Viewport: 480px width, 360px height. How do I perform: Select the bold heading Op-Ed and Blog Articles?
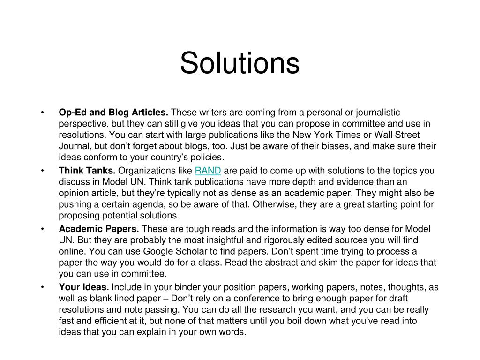pyautogui.click(x=113, y=112)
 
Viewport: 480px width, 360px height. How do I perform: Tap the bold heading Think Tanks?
pyautogui.click(x=87, y=171)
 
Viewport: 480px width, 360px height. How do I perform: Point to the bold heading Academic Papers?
pyautogui.click(x=99, y=229)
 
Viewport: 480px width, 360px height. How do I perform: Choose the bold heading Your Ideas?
pyautogui.click(x=84, y=287)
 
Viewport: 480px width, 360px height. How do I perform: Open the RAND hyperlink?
pyautogui.click(x=208, y=171)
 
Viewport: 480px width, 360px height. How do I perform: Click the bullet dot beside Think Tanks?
pyautogui.click(x=43, y=171)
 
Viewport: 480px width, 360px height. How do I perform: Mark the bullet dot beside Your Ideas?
pyautogui.click(x=43, y=287)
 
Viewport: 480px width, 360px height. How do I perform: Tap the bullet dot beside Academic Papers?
pyautogui.click(x=43, y=229)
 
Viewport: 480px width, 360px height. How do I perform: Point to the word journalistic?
pyautogui.click(x=376, y=112)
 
